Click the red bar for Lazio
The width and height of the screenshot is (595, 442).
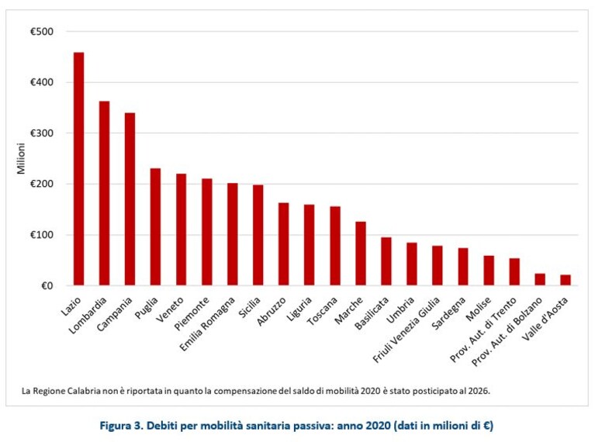pos(78,169)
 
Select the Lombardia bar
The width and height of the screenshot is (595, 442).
pos(105,193)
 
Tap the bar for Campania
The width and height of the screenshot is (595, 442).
pos(130,199)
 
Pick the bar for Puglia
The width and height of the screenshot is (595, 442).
pos(156,227)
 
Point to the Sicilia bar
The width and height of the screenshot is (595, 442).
pos(258,235)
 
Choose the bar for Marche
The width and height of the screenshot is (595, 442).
pos(361,254)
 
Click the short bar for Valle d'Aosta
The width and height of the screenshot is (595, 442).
pos(566,280)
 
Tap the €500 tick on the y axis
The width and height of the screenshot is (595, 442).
pos(42,32)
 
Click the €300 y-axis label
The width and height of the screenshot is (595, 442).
pos(42,133)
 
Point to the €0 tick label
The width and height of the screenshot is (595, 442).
pos(47,285)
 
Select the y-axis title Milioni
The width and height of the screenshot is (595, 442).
pos(21,159)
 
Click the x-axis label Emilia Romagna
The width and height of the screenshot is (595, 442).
pos(207,323)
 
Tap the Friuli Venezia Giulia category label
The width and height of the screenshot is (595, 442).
pos(406,330)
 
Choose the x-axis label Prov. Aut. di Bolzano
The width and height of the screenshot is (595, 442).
pos(507,332)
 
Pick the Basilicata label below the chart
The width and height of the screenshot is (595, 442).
pos(372,313)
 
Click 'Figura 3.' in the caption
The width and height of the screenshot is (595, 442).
pos(121,426)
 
